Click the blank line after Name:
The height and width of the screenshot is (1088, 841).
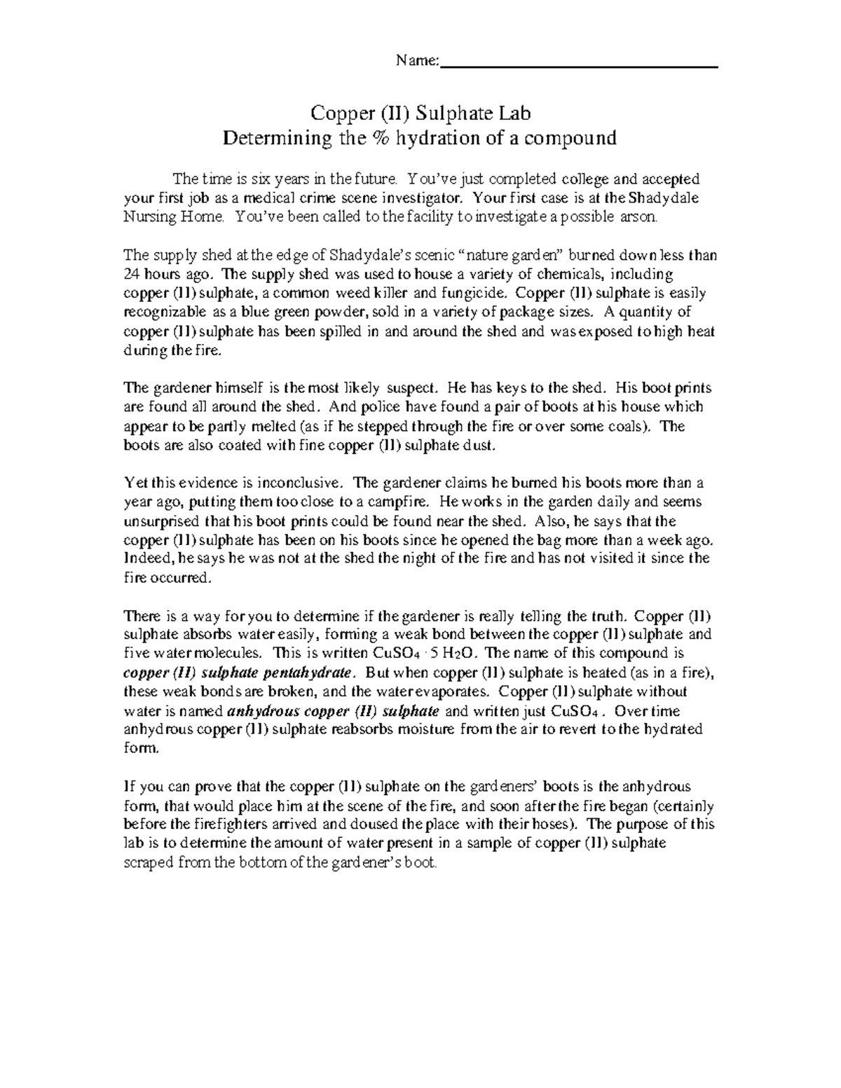pos(580,65)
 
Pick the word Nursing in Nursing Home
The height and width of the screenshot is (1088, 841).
pos(142,217)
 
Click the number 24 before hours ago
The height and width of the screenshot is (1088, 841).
pos(131,274)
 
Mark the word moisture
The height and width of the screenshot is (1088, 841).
pos(428,729)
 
